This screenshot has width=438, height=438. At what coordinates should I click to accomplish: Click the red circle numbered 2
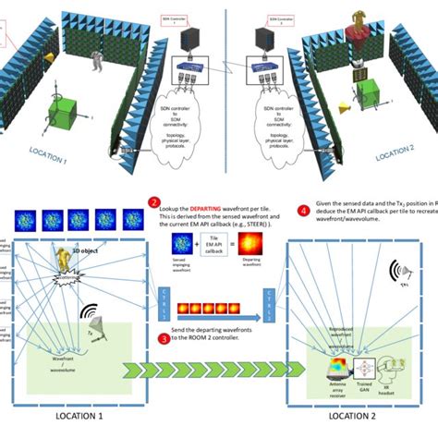pos(154,201)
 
